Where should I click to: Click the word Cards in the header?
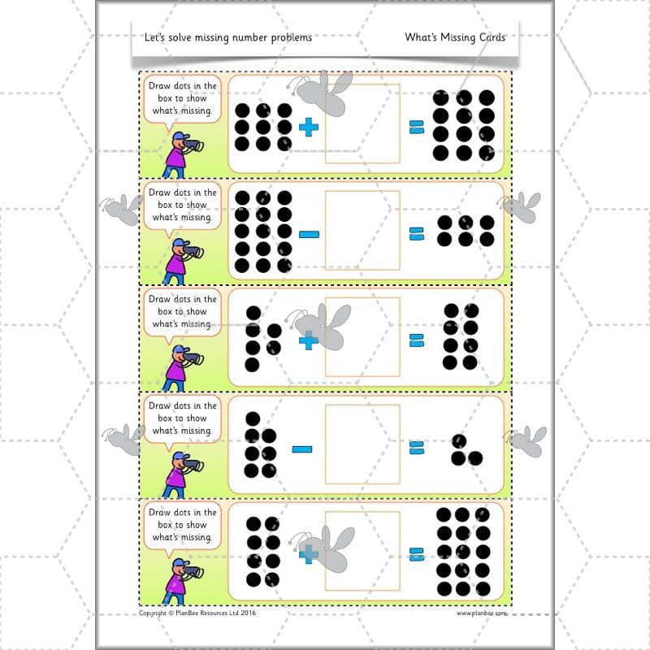coord(487,37)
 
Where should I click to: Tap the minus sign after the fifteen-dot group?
coord(309,234)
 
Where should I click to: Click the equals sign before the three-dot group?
coord(417,448)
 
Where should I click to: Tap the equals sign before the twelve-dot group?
coord(417,127)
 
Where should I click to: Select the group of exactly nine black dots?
coord(262,127)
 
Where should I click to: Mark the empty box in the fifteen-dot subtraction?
coord(362,230)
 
